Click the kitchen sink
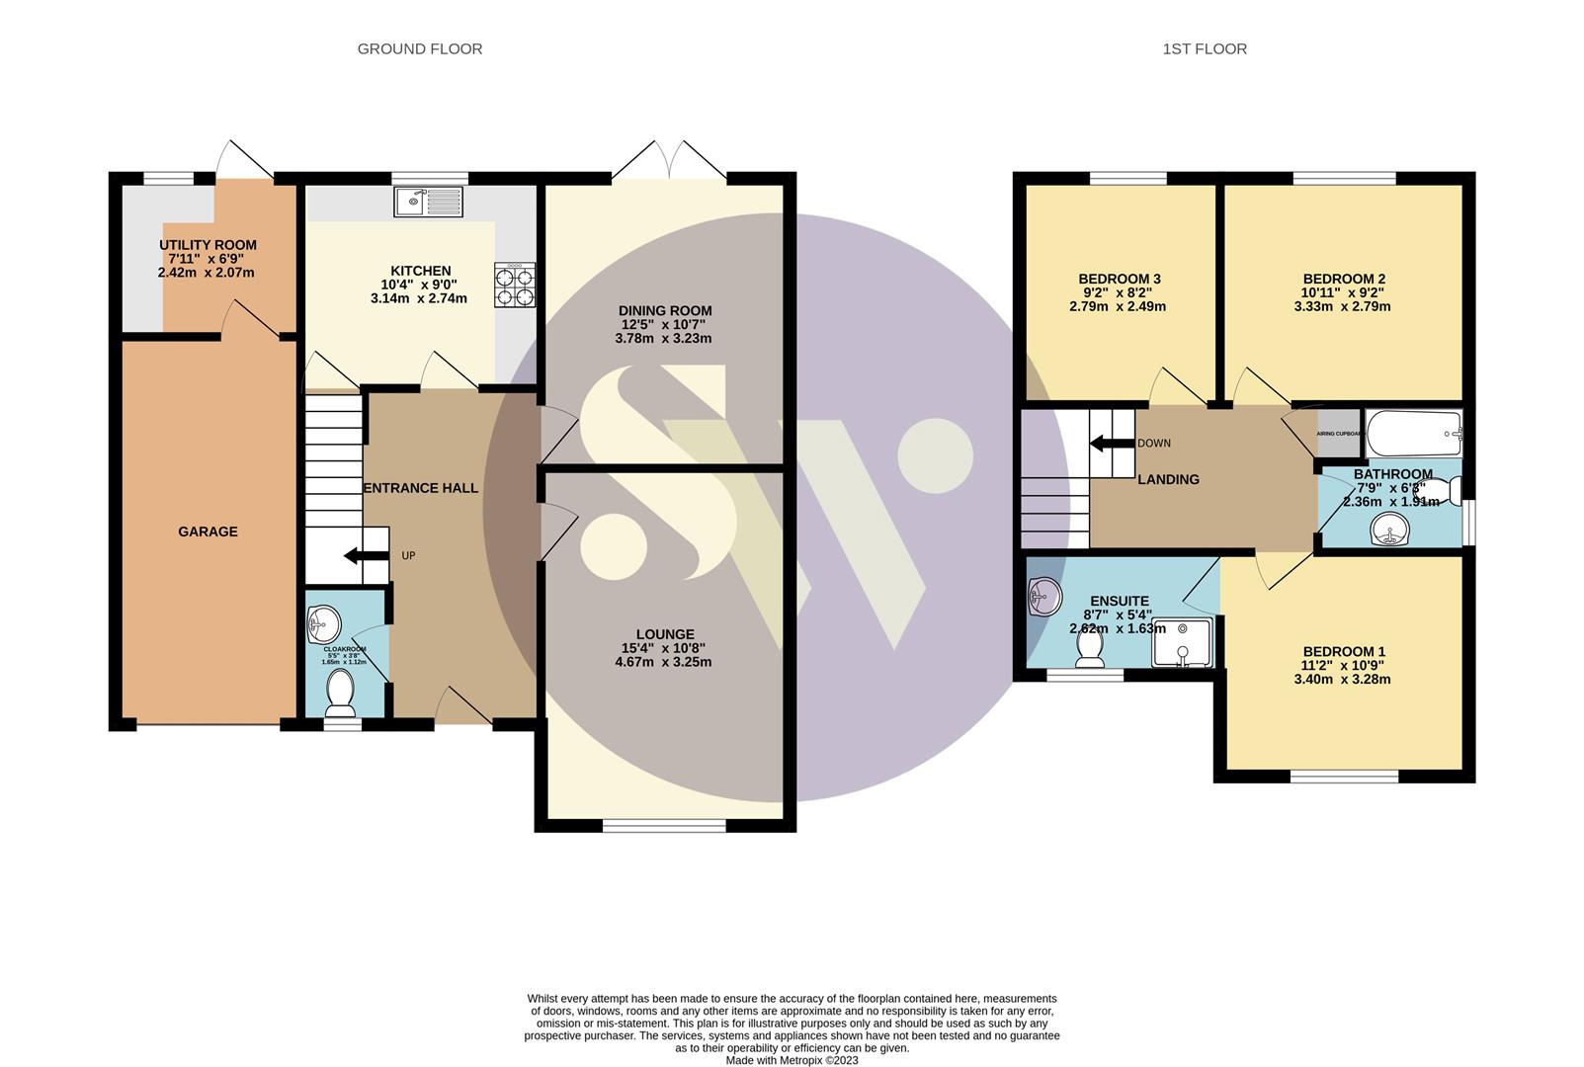[428, 202]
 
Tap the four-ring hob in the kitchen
[515, 286]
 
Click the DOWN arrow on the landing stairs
[1112, 444]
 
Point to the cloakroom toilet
[340, 692]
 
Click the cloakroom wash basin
[324, 623]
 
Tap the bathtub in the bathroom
[1413, 433]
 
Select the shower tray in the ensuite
[1182, 642]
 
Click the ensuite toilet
[1090, 648]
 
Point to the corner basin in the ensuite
[1043, 597]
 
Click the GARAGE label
[208, 532]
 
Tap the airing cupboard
[1339, 433]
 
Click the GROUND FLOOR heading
[420, 48]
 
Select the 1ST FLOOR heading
[1205, 48]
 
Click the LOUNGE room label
[665, 634]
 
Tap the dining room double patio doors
[669, 160]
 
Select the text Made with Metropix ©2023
[792, 1060]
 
